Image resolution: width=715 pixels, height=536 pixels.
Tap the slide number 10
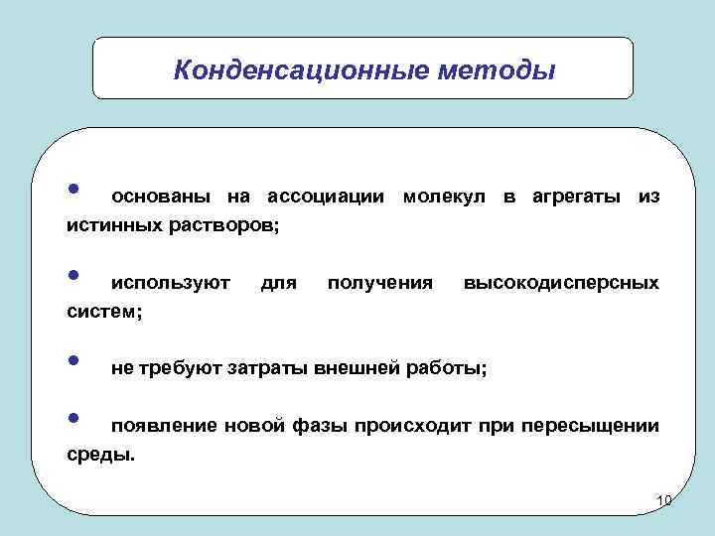point(665,499)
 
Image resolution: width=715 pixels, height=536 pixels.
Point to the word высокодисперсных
point(561,284)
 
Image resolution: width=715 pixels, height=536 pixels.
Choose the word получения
point(379,284)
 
